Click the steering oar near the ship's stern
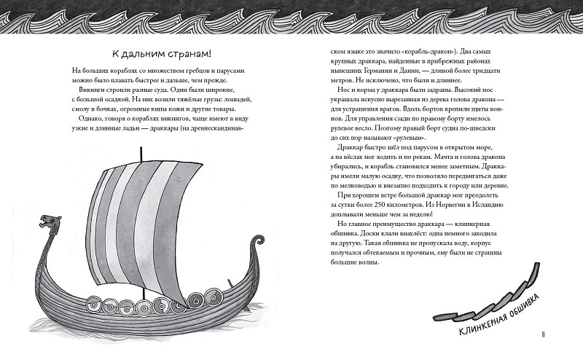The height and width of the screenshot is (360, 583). [x=232, y=288]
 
